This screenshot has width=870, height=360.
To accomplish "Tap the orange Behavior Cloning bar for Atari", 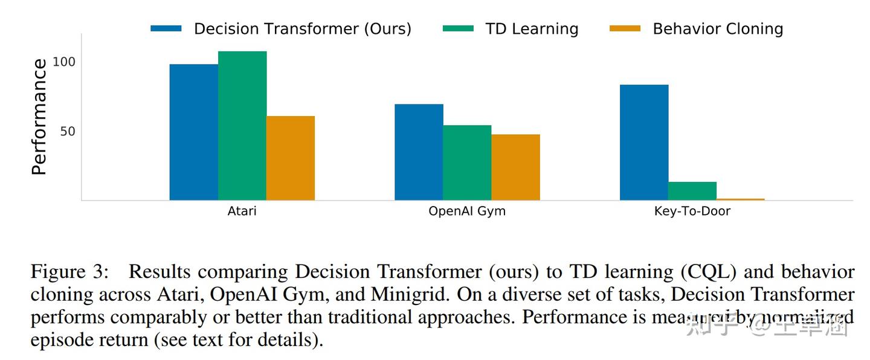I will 290,158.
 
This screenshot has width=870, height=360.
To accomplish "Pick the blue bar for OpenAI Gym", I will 419,152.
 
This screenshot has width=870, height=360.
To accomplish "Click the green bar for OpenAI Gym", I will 467,162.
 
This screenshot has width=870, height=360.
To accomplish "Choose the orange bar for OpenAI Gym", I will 515,167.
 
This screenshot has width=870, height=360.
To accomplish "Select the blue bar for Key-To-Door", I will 644,142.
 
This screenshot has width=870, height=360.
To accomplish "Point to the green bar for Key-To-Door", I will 692,191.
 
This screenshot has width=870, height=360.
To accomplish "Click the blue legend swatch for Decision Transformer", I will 166,28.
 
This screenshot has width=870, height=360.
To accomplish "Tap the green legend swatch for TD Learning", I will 458,28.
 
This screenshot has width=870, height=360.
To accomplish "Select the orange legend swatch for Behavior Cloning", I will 625,28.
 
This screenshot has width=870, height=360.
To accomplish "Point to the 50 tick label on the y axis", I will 68,132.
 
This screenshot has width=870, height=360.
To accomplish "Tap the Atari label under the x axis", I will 242,211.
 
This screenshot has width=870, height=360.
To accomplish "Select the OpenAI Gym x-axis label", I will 467,211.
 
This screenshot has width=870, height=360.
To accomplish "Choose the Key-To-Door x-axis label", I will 692,211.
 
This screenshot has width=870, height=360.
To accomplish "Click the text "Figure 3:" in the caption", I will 69,272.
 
